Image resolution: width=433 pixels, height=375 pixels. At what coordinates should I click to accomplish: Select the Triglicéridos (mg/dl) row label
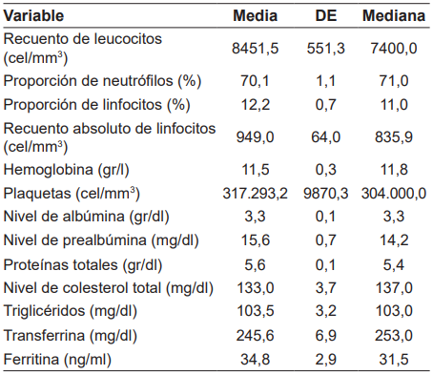pos(68,312)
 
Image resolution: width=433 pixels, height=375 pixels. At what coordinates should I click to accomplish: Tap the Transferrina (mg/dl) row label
pos(69,336)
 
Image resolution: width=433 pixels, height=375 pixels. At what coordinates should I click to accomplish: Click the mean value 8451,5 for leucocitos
pos(257,50)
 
